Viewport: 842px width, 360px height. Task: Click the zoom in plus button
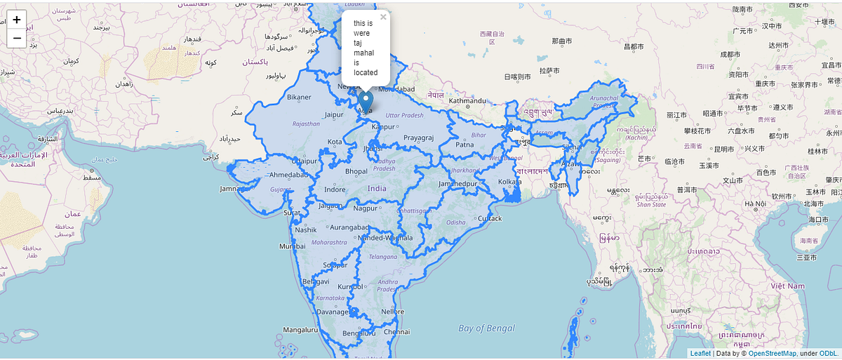point(17,20)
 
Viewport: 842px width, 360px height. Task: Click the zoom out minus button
point(17,38)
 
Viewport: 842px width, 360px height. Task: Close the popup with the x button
point(383,17)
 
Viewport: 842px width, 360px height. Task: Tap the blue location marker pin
point(366,102)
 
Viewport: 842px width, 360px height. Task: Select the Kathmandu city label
point(467,100)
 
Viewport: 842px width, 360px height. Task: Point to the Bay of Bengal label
point(486,328)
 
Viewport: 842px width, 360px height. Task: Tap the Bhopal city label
point(356,171)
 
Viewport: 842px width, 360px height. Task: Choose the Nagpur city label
point(365,208)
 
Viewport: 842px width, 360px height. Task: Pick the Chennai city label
point(396,331)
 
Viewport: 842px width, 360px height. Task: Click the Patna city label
point(465,145)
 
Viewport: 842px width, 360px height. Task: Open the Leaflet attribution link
point(700,354)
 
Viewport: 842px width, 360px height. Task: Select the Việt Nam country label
point(787,286)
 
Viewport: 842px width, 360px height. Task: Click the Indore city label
point(335,189)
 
